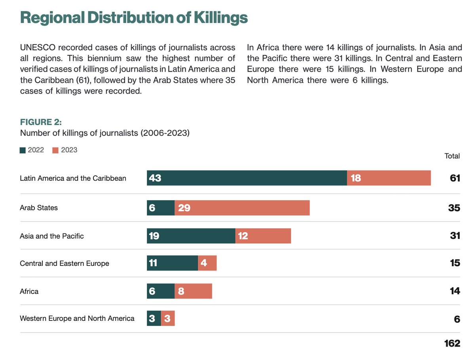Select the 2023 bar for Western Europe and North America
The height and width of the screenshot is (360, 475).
point(168,318)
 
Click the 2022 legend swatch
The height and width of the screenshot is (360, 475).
point(23,150)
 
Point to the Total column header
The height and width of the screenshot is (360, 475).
point(452,156)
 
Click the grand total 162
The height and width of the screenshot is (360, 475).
point(452,343)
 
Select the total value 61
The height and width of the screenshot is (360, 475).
point(455,178)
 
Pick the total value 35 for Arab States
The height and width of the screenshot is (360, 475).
point(454,208)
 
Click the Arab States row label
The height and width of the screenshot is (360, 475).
point(39,208)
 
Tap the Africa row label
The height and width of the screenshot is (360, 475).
point(29,291)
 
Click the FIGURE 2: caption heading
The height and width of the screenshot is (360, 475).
point(41,121)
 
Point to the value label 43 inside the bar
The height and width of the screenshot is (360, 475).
point(155,178)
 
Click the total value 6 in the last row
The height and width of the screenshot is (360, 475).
point(457,319)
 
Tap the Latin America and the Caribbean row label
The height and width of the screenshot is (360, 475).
point(73,178)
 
